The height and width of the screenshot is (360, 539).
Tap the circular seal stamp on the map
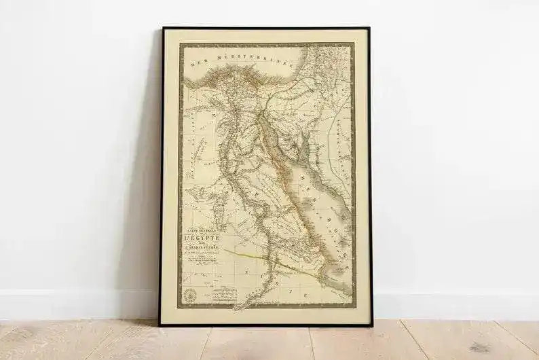point(191,293)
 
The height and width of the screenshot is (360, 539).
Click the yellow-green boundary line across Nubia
point(265,259)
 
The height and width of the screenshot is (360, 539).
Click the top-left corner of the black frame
point(163,29)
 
